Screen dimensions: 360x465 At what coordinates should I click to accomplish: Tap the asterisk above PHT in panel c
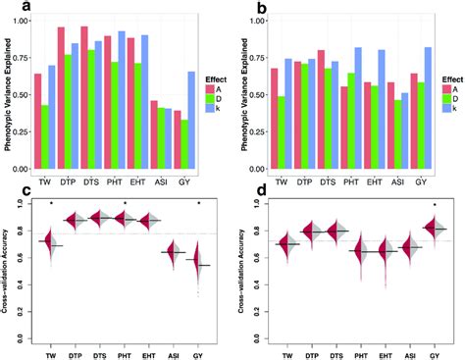click(126, 205)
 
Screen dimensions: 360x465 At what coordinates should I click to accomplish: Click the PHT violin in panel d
click(362, 253)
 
